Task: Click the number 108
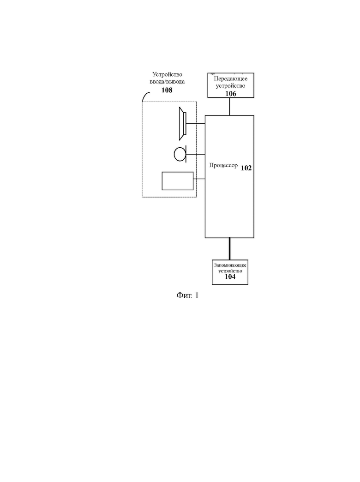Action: tap(167, 90)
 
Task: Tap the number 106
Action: tap(231, 94)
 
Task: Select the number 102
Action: tap(246, 168)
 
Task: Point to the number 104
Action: tap(230, 277)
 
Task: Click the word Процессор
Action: tap(223, 165)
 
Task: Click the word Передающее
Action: tap(231, 78)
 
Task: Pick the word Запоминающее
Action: tap(230, 265)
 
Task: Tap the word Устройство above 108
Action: tap(167, 74)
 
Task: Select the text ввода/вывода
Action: tap(167, 82)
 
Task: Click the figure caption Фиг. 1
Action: tap(187, 295)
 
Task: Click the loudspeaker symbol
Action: tap(183, 124)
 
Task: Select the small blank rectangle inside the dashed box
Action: tap(178, 181)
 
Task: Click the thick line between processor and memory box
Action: tap(229, 249)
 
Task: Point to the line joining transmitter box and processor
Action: tap(230, 107)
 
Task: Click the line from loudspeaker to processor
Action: tap(196, 124)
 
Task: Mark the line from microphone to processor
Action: tap(196, 154)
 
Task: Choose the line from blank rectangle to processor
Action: tap(199, 179)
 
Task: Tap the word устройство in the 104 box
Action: tap(230, 271)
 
